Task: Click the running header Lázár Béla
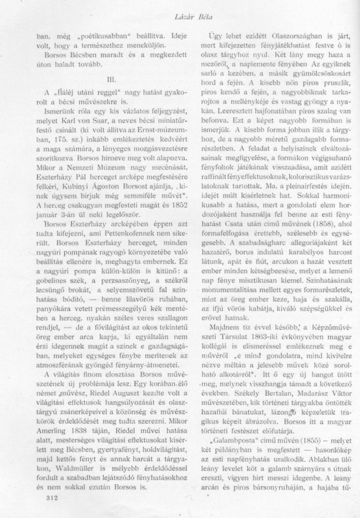click(x=179, y=9)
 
